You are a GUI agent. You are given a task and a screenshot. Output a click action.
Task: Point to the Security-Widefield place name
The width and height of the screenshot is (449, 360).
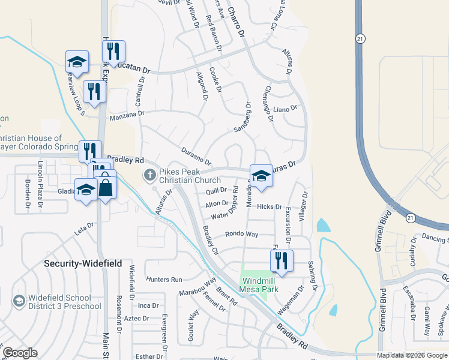point(83,263)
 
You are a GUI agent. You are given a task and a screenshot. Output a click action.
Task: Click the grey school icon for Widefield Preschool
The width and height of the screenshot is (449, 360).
point(19,300)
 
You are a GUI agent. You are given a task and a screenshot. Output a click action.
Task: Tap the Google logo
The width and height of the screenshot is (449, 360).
point(20,353)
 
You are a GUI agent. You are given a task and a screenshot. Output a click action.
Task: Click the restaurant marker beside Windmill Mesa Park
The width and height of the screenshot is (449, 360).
point(279,260)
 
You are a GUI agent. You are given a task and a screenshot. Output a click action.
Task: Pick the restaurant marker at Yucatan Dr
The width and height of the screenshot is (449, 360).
point(113,52)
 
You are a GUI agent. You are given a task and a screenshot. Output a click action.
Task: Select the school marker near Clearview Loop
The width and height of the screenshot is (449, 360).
point(77,61)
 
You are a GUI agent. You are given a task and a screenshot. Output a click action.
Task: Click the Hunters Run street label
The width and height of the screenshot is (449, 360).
point(164,280)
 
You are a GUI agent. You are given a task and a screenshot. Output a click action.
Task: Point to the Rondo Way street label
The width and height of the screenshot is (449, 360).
point(241,234)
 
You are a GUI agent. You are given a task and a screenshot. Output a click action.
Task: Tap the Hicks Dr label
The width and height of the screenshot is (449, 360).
point(269,206)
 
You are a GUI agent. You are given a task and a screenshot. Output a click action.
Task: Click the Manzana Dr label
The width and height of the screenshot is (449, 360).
point(127,113)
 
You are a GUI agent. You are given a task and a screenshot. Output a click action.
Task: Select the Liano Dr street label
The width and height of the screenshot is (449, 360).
point(285,109)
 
